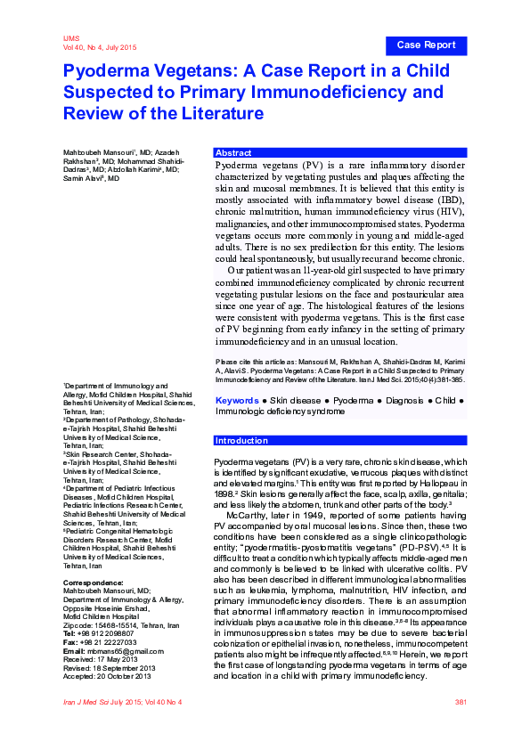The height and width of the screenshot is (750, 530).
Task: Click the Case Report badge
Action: pos(426,45)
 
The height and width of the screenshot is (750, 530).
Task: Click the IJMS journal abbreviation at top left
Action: pos(71,38)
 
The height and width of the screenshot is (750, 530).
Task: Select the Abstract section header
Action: pos(233,153)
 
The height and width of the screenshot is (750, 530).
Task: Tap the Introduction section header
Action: pos(242,441)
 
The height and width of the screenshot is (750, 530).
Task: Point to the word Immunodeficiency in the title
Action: pos(353,92)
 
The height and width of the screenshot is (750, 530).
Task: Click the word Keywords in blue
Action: pos(235,402)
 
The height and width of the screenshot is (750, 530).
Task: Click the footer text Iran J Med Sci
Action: pos(88,703)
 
